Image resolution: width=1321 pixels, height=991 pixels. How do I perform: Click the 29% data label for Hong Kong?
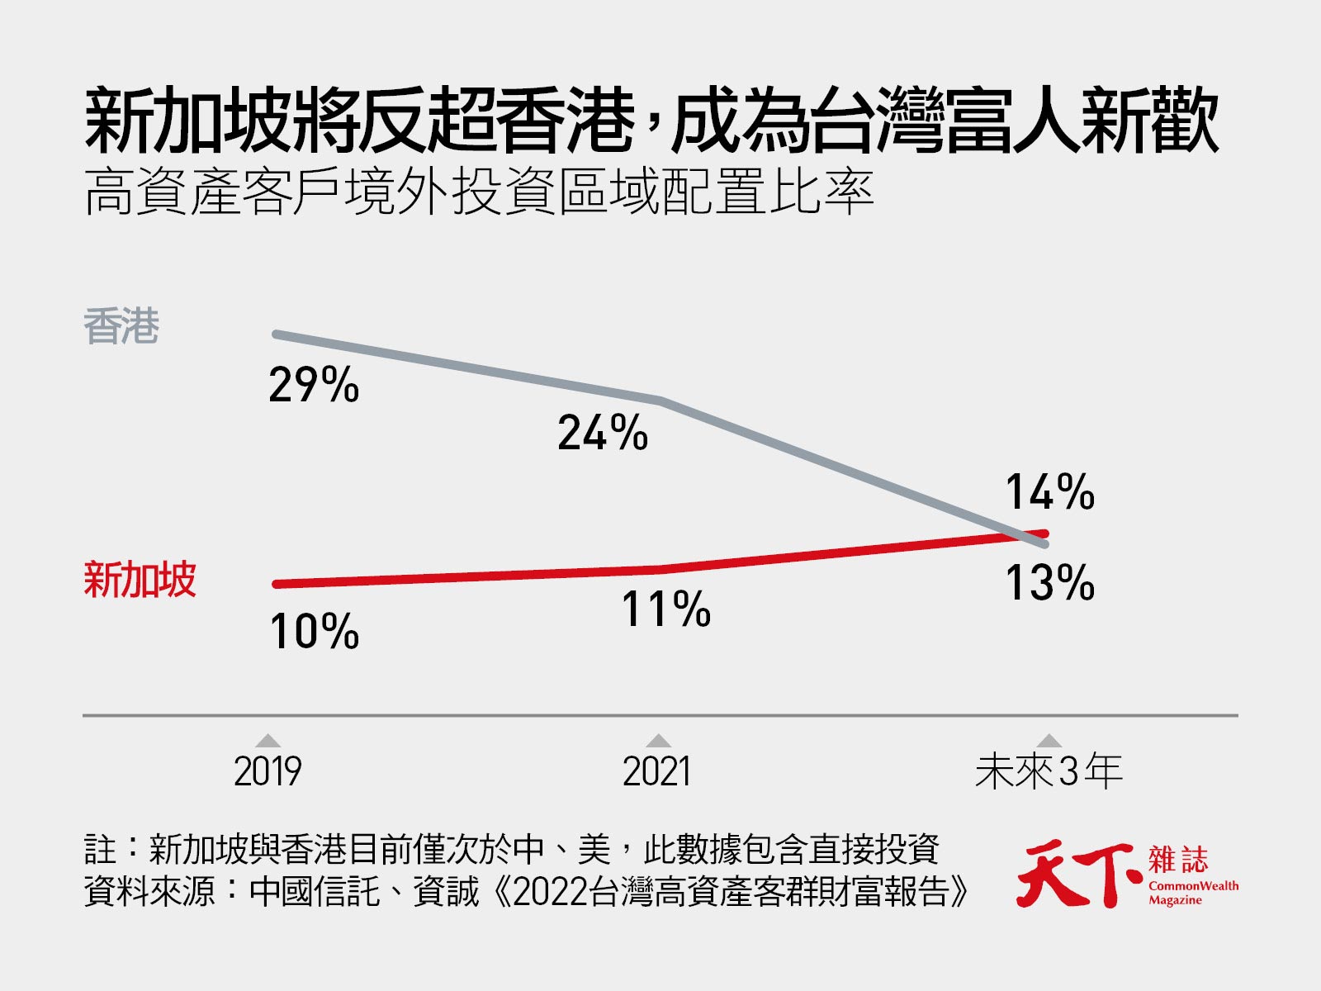pyautogui.click(x=314, y=385)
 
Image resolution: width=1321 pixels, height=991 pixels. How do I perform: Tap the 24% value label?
pyautogui.click(x=603, y=433)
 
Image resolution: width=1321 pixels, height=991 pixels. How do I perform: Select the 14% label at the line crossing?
pyautogui.click(x=1049, y=493)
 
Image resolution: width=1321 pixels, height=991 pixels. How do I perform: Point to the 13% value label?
pyautogui.click(x=1049, y=582)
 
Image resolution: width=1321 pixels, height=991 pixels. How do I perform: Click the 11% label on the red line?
pyautogui.click(x=665, y=609)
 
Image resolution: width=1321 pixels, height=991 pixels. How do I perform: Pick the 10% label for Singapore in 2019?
pyautogui.click(x=314, y=632)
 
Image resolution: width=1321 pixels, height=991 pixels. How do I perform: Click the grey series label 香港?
pyautogui.click(x=121, y=327)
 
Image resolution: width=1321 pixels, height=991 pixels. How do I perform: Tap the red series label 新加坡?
pyautogui.click(x=140, y=579)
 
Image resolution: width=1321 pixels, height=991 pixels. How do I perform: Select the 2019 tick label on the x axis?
pyautogui.click(x=268, y=771)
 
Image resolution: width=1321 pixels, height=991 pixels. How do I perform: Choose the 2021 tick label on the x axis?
pyautogui.click(x=656, y=771)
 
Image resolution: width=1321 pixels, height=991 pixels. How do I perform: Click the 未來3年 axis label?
pyautogui.click(x=1048, y=771)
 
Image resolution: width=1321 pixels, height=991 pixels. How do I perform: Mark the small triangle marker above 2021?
pyautogui.click(x=658, y=740)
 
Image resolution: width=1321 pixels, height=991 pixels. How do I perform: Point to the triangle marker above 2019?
pyautogui.click(x=268, y=740)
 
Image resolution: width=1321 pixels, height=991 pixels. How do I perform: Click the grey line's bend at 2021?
pyautogui.click(x=660, y=401)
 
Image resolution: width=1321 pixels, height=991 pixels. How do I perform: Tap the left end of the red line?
pyautogui.click(x=277, y=584)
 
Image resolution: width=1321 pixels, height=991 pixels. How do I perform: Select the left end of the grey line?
pyautogui.click(x=277, y=334)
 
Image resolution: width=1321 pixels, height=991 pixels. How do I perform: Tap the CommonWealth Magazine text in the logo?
pyautogui.click(x=1193, y=892)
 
